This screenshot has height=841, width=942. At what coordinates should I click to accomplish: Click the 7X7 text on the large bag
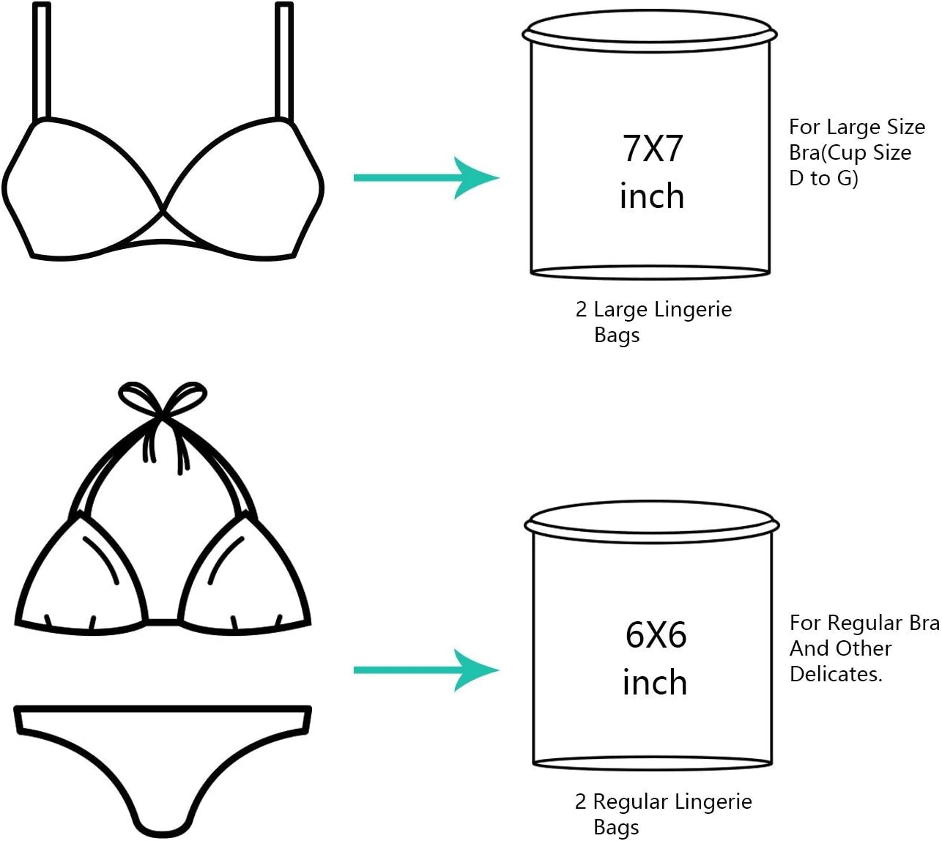pos(652,149)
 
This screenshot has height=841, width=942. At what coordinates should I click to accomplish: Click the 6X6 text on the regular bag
pos(656,635)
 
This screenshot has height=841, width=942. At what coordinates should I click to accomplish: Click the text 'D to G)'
pos(823,178)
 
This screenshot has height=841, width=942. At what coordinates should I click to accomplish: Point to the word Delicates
pos(835,674)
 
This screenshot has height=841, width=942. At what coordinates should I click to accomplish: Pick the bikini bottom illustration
pos(163,762)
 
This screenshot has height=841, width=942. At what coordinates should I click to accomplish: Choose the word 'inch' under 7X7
pos(652,197)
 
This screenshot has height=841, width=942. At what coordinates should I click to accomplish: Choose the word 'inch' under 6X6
pos(655,683)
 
